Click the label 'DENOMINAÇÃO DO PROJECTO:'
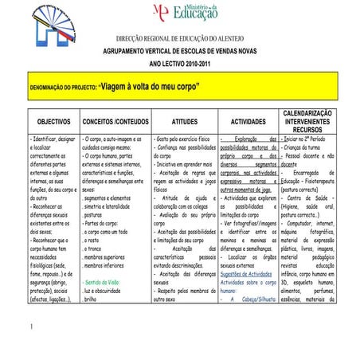point(61,87)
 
